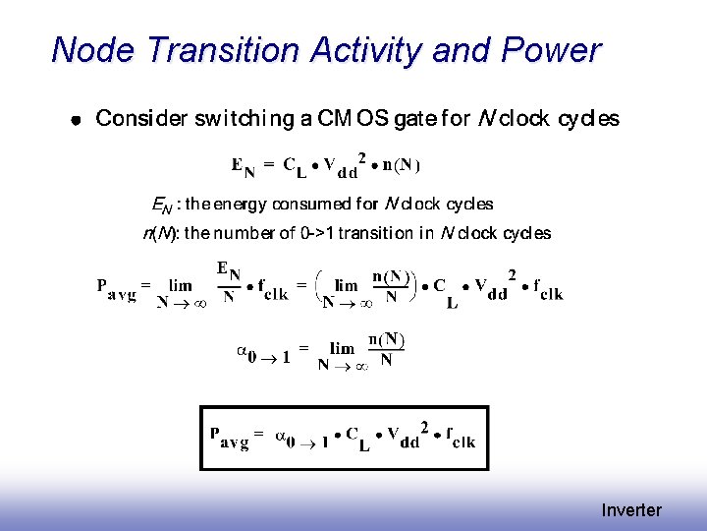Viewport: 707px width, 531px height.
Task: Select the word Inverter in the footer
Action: tap(631, 509)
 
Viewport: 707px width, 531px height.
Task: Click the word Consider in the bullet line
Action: tap(140, 119)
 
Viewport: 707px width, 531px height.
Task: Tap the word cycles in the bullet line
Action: tap(588, 119)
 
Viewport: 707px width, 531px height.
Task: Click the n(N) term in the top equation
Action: tap(403, 165)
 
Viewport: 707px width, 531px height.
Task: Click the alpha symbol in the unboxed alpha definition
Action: tap(243, 349)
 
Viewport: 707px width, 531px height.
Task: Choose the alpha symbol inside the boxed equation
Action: tap(281, 434)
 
